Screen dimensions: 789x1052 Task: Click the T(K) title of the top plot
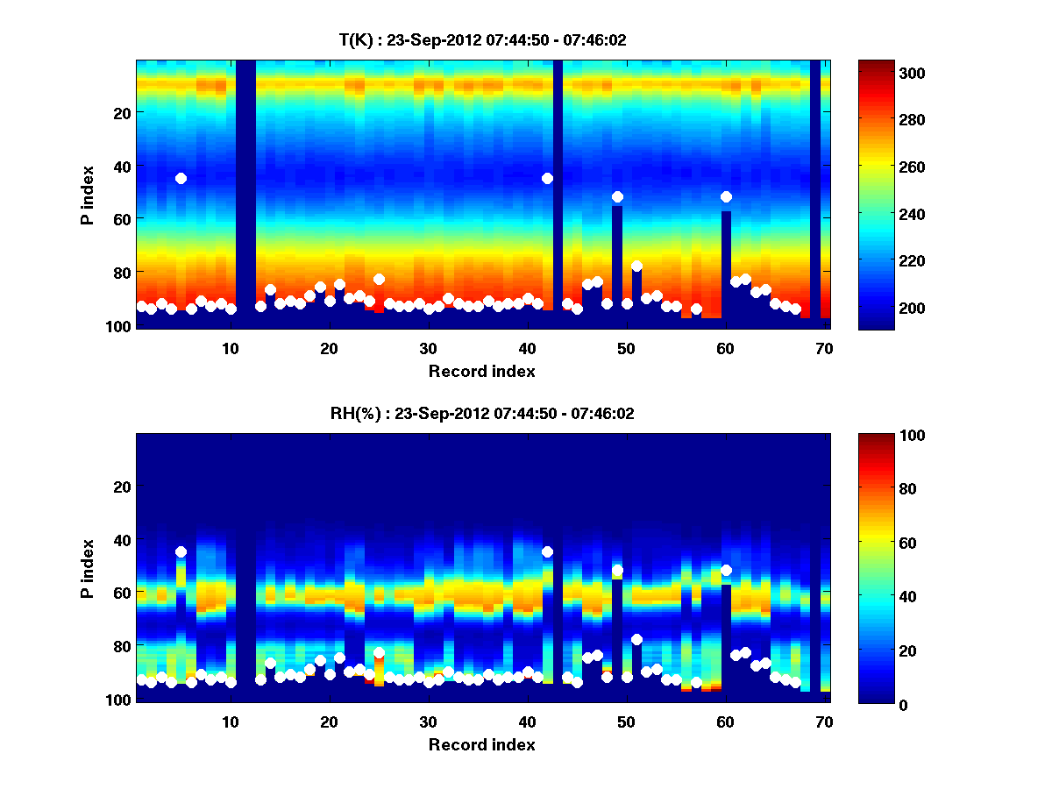482,39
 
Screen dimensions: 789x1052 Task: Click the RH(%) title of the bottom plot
482,413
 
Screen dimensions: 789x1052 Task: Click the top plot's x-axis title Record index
481,371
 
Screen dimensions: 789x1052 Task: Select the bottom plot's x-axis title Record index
481,744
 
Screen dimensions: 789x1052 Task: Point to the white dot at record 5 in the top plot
181,178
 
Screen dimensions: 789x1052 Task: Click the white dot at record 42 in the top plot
547,178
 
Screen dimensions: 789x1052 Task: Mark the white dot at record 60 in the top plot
726,196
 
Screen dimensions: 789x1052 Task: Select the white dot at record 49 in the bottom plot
617,571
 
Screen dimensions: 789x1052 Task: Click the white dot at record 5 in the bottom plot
181,551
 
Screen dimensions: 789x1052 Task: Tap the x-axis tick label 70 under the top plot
824,348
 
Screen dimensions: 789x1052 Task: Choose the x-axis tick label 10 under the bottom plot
230,721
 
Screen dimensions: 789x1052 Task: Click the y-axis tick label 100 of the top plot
119,325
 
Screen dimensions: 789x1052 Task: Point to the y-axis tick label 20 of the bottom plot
123,487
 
